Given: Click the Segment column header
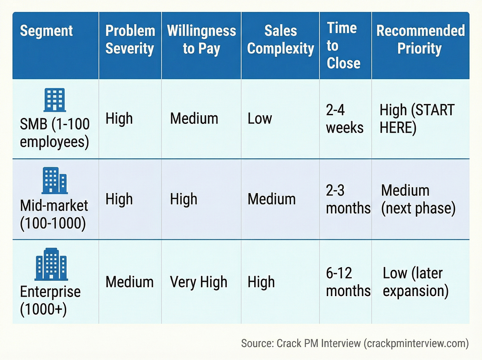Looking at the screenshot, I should click(x=46, y=31).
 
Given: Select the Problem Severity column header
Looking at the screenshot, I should click(x=130, y=39).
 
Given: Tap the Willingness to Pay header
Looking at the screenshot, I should click(x=201, y=39).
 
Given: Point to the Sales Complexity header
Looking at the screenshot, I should click(x=280, y=39).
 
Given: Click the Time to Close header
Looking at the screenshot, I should click(x=343, y=45).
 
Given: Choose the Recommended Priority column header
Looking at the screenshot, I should click(x=420, y=39).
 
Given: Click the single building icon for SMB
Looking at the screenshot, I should click(x=55, y=100).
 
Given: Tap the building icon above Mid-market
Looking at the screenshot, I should click(x=55, y=180).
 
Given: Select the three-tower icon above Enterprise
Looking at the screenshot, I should click(x=51, y=264).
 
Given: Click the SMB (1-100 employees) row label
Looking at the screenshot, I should click(x=55, y=133).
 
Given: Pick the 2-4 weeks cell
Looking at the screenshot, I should click(x=344, y=119).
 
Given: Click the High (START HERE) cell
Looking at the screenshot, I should click(x=417, y=119).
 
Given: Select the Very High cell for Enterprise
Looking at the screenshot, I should click(x=199, y=282).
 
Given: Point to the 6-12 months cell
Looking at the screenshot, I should click(x=348, y=282).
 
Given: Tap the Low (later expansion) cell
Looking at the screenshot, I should click(x=415, y=282).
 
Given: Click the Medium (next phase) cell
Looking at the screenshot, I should click(x=418, y=199).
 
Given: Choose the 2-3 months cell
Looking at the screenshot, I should click(x=348, y=199).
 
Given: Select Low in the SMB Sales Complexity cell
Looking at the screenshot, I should click(x=260, y=119).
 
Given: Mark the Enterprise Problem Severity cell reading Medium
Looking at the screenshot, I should click(x=129, y=282).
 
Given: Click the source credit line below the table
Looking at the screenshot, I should click(x=355, y=343).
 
